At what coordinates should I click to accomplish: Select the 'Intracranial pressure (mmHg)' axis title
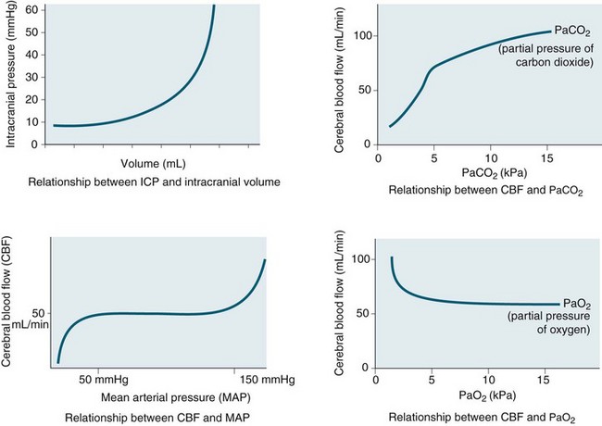(12, 74)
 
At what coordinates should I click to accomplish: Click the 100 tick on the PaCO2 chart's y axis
(356, 36)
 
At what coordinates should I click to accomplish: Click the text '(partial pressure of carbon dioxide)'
(543, 56)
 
